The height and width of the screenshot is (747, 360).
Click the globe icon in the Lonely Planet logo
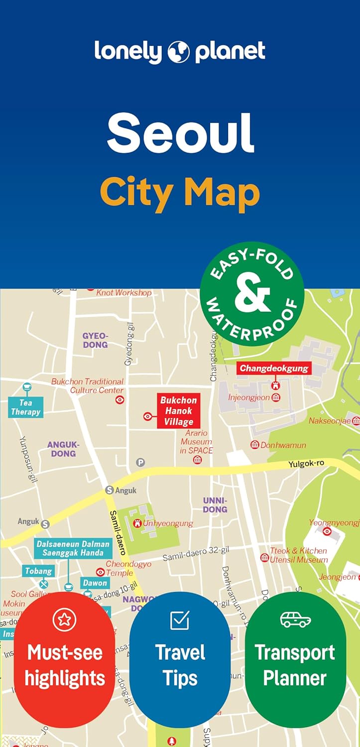coord(179,52)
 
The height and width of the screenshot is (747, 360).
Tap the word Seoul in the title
coord(180,132)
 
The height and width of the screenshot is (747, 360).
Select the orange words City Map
coord(180,193)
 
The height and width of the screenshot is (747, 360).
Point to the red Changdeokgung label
coord(274,369)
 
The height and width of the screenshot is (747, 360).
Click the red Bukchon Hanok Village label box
coord(178,411)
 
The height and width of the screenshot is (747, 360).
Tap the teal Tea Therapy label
coord(25,407)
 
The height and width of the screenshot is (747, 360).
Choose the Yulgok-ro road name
coord(306,464)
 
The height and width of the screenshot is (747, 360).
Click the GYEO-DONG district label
coord(95,340)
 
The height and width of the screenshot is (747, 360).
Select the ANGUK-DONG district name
coord(63,449)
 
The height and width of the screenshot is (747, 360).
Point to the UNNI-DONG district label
coord(215,504)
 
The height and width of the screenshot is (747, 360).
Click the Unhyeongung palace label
coord(167,523)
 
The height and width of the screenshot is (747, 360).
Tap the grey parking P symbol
coord(141,463)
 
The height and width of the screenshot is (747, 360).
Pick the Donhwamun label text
coord(283,445)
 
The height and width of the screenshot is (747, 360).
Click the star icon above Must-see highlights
coord(64,620)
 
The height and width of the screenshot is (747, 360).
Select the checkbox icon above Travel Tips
coord(180,620)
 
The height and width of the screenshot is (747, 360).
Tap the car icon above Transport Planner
coord(295,620)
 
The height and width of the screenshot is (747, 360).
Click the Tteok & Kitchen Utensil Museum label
coord(298,555)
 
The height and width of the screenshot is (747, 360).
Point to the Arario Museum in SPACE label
coord(196,442)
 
